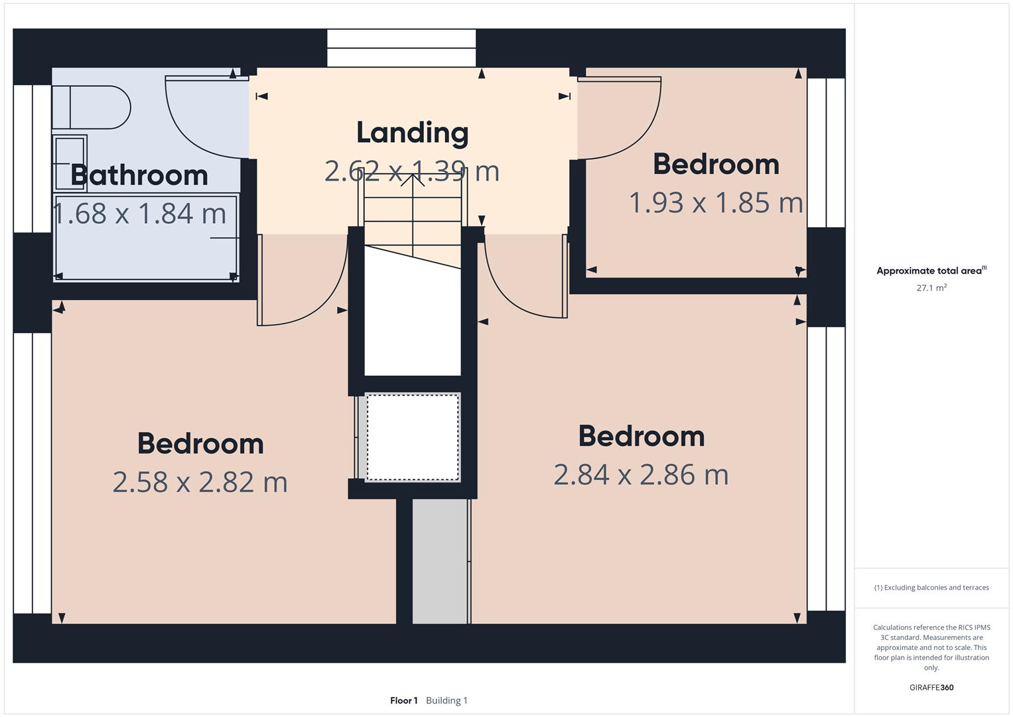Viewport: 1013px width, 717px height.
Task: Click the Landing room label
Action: click(x=412, y=132)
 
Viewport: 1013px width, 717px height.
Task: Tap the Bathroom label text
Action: click(x=139, y=175)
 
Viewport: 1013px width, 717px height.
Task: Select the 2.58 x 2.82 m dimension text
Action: click(x=200, y=482)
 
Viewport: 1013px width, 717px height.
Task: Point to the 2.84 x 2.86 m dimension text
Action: click(x=641, y=475)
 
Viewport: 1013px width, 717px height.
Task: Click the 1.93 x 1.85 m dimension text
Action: click(x=715, y=202)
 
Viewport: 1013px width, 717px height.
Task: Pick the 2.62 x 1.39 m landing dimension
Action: click(x=411, y=171)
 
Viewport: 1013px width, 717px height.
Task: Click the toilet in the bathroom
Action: click(x=93, y=107)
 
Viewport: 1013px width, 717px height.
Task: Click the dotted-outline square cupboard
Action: click(x=413, y=437)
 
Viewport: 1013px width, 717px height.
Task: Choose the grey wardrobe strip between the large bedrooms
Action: click(x=440, y=561)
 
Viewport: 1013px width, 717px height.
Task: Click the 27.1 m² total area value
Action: click(x=931, y=288)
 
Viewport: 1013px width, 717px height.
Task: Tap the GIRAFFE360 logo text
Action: click(x=931, y=687)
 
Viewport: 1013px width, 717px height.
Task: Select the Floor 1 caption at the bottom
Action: click(x=403, y=700)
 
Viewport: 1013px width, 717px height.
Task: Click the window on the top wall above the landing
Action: click(x=401, y=48)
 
